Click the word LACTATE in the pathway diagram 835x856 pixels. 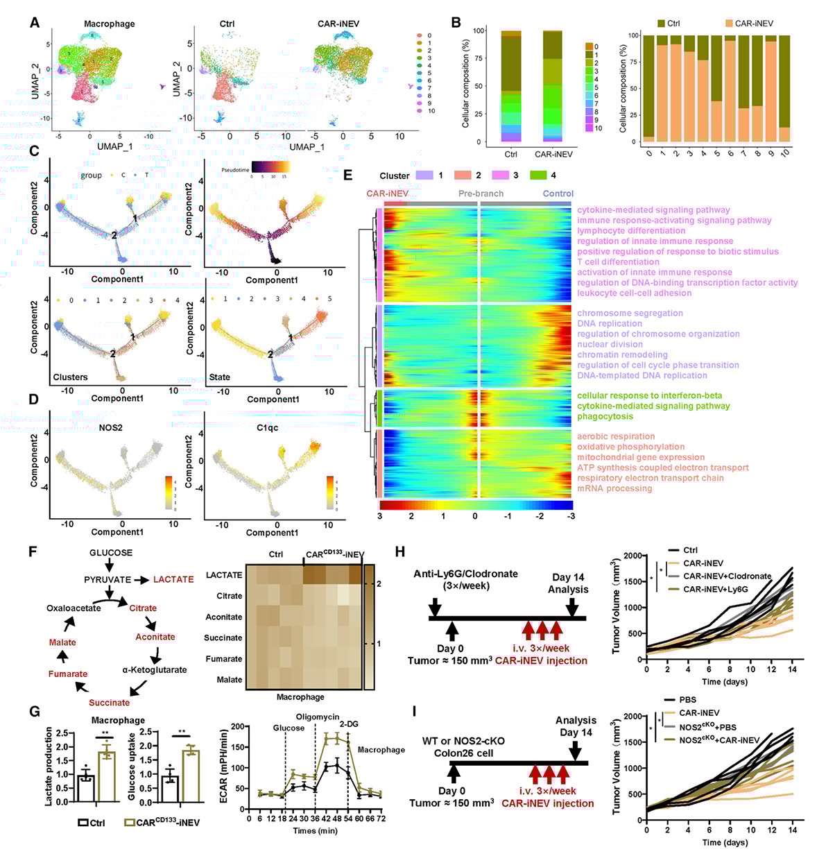click(x=173, y=579)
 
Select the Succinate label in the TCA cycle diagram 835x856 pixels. click(x=109, y=702)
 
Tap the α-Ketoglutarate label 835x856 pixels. click(x=154, y=669)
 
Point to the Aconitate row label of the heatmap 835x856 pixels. click(x=223, y=617)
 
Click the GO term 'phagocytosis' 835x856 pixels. click(x=605, y=416)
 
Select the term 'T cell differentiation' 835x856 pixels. click(x=618, y=262)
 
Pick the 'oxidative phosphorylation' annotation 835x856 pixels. click(x=630, y=447)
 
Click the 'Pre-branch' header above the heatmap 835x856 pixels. click(x=481, y=194)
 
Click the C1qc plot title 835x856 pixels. click(x=267, y=427)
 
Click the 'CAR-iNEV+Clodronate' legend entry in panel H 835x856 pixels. click(x=727, y=576)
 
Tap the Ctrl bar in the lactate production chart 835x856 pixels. click(x=86, y=788)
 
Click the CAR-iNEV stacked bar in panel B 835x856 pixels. click(x=553, y=87)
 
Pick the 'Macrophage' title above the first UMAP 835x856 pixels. click(x=109, y=24)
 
